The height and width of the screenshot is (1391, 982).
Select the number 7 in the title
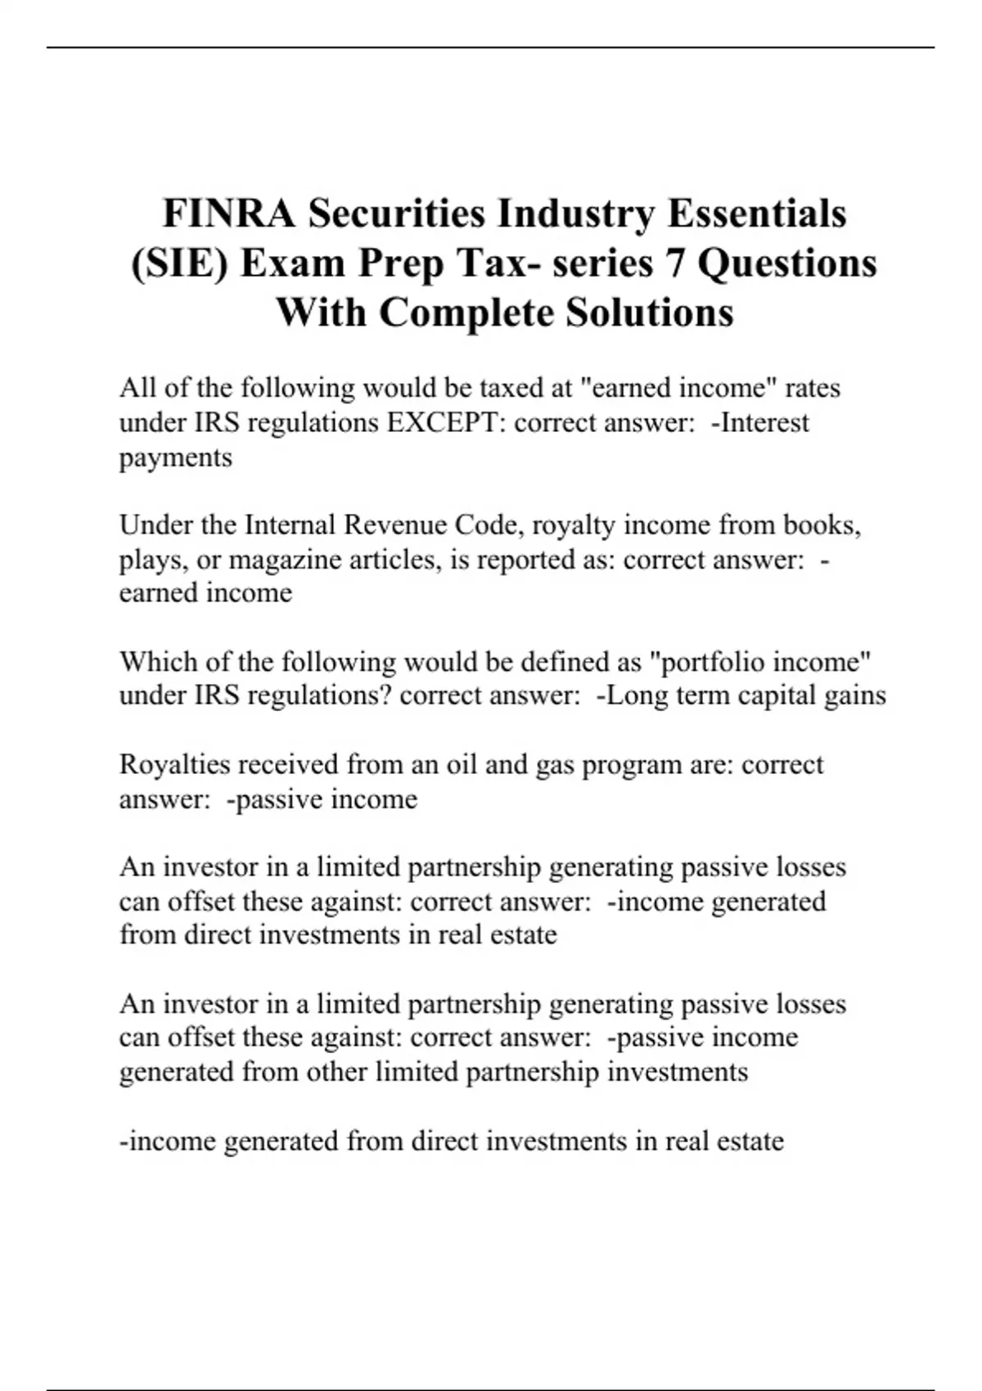(675, 263)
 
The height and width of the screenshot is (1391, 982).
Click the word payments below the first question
(175, 457)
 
